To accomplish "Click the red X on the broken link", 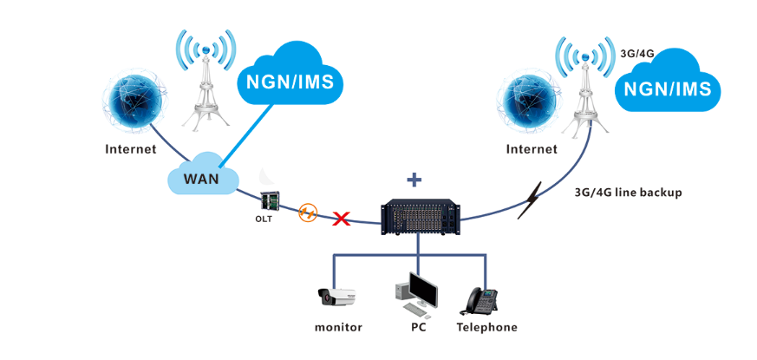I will tap(342, 219).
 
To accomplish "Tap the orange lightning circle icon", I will tap(307, 213).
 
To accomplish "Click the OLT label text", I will tap(264, 219).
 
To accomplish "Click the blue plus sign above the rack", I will tap(414, 180).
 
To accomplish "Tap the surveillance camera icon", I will tap(337, 298).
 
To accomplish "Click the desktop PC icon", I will tap(418, 295).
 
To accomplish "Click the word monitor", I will tap(338, 327).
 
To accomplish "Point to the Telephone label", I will tap(486, 327).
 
